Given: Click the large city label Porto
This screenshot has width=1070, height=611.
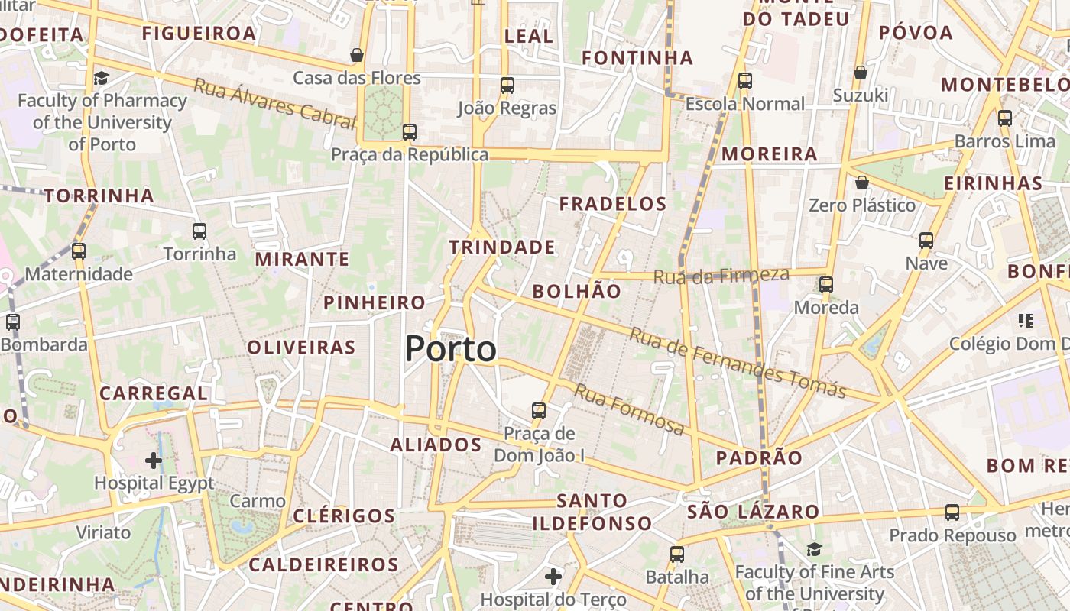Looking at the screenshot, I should point(451,349).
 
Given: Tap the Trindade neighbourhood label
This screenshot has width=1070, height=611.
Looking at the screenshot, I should point(502,247).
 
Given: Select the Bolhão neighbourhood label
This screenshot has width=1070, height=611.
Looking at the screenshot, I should point(577,291).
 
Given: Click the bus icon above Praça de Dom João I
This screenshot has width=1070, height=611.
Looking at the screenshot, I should point(539,411).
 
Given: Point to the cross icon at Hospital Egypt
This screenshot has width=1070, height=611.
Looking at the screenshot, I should point(154,461).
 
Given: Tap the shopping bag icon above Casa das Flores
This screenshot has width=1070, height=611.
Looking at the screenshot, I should point(357,55).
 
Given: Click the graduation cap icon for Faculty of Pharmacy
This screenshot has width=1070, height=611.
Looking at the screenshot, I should point(101,78).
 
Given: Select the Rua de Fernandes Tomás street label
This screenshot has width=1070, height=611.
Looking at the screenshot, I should point(738,364).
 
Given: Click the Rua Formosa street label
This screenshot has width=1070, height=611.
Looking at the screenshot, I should point(629,409).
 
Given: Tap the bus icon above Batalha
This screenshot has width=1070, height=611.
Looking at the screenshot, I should point(677,554).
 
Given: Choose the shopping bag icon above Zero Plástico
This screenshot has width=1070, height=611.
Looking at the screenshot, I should point(862,183).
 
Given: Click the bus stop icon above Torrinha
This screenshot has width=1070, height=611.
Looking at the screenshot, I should point(199,231).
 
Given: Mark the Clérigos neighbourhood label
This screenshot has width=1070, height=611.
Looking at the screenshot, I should point(344,516).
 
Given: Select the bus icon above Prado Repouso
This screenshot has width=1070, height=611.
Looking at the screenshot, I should point(952,512).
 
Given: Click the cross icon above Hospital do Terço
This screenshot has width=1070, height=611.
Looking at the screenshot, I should point(553,577).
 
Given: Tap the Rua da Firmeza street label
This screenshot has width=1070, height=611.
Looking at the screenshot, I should point(721,275).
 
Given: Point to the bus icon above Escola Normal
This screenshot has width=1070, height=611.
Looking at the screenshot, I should point(745,81).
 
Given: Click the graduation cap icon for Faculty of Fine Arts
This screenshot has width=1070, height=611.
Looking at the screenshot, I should point(815,549).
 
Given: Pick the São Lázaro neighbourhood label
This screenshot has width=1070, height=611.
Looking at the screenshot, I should point(753,512).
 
